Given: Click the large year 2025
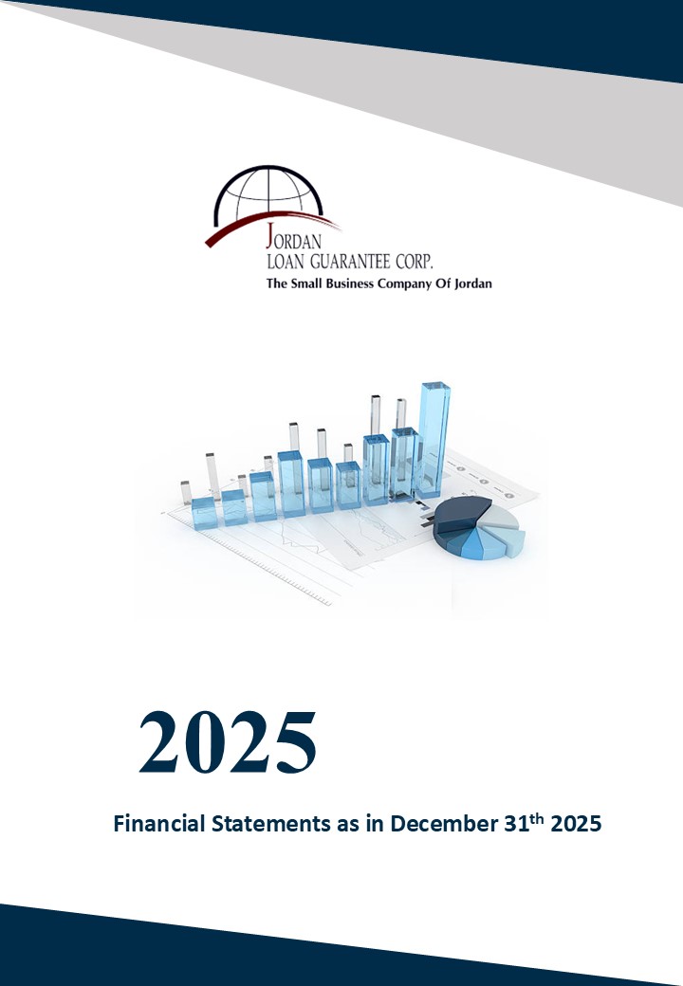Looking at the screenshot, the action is (x=227, y=742).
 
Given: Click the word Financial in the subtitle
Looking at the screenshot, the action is (x=159, y=823).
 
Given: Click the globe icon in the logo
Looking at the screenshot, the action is (x=268, y=192).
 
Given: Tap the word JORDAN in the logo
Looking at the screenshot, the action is (x=294, y=237).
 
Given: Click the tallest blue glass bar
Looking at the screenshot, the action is (x=434, y=439).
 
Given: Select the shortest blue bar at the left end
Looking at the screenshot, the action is (x=204, y=513).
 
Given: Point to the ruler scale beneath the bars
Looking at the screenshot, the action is (x=263, y=565).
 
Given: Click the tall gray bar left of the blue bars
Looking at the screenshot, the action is (x=212, y=476).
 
